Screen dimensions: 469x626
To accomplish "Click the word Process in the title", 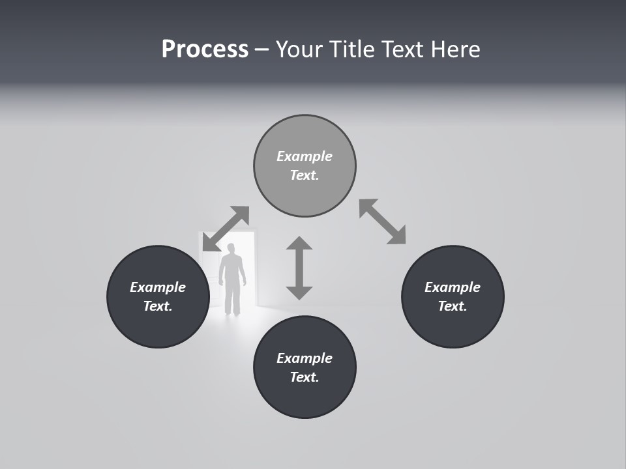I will coord(205,50).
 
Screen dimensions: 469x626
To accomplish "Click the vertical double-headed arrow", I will coord(299,268).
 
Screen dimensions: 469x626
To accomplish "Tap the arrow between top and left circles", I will coord(226,229).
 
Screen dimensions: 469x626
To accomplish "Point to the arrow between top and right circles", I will coord(383,221).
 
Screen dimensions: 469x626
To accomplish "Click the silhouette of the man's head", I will coord(231,249).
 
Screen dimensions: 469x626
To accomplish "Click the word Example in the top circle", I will coord(305,156).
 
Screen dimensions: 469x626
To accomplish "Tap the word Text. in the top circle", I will coord(305,175).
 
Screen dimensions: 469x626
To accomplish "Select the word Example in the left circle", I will coord(158,287).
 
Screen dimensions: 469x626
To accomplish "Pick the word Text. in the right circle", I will coord(453,306).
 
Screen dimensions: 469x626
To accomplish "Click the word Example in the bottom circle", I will coord(305,358).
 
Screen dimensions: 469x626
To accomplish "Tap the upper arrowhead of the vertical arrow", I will coord(299,244).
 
